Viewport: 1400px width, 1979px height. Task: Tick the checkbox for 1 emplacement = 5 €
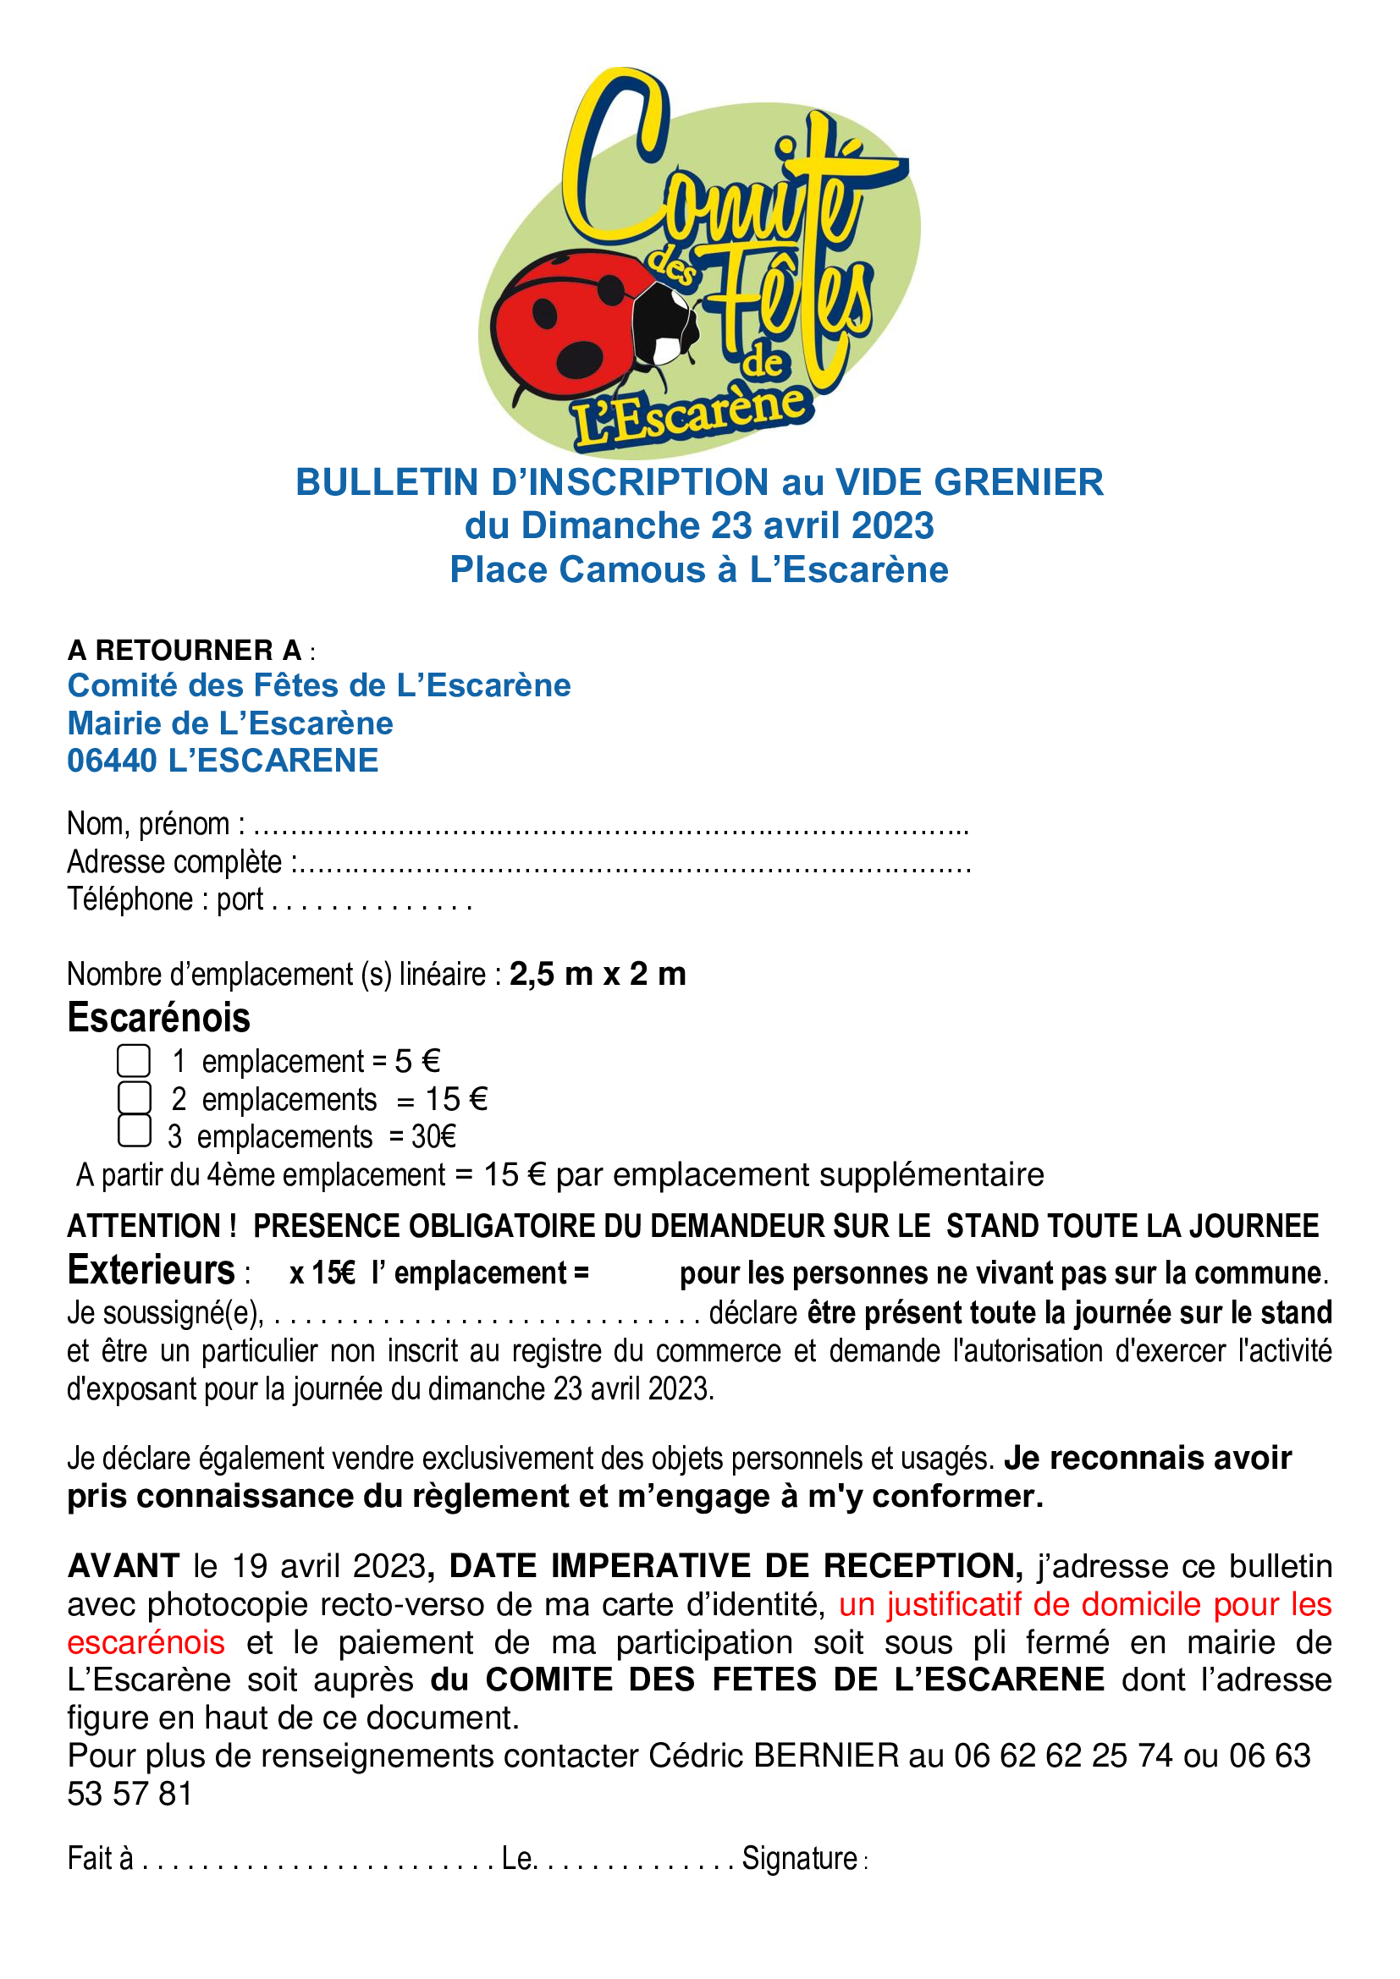pos(134,1061)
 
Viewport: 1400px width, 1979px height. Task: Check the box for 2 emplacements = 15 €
pos(134,1098)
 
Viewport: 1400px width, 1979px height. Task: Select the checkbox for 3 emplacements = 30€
pos(134,1131)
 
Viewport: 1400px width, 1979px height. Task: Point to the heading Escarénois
pos(158,1018)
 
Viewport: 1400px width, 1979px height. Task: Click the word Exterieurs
pos(151,1271)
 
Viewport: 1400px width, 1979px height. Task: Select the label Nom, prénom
pos(148,825)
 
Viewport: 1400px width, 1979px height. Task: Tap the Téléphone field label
pos(130,900)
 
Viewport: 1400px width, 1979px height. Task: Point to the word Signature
pos(800,1858)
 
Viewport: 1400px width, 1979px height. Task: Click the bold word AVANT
pos(123,1566)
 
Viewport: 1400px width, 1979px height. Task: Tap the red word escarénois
pos(146,1643)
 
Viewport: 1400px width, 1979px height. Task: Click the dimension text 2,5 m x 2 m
pos(598,974)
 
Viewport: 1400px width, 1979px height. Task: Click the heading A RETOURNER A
pos(185,650)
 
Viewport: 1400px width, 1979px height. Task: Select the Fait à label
pos(100,1858)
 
